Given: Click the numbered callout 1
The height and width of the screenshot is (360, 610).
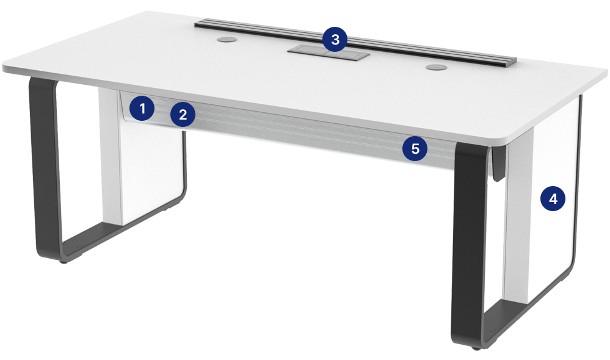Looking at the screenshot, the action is click(142, 108).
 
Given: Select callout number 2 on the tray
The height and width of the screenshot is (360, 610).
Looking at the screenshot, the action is click(183, 114).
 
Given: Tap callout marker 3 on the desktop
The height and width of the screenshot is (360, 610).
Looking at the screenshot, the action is click(335, 39).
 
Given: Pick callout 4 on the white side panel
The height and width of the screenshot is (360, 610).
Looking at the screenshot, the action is click(553, 199).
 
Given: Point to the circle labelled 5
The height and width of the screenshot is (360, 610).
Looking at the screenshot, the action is click(415, 148).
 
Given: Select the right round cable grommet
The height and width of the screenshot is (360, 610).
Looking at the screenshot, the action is click(437, 67).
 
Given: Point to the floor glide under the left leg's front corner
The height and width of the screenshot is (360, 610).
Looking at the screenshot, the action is click(63, 262).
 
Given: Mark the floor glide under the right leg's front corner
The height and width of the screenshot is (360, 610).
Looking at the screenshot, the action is click(476, 348).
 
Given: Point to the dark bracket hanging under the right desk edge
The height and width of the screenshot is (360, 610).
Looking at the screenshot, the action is click(497, 164).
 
